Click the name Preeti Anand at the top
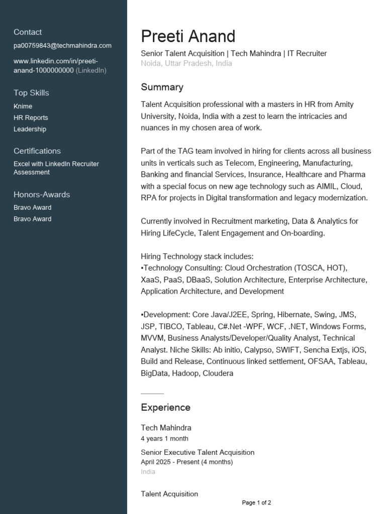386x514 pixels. pos(188,36)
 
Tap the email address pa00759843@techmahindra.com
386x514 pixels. pos(62,46)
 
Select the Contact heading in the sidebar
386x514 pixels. pos(28,32)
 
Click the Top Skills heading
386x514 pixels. pos(31,93)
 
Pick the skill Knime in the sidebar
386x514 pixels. pos(23,106)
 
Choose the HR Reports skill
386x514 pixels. pos(31,118)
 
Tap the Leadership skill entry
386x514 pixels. pos(30,130)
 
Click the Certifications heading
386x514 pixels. pos(37,151)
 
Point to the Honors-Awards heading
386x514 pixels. pos(42,195)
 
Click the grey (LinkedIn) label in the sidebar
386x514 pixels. pos(91,70)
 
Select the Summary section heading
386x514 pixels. pos(162,87)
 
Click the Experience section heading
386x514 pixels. pos(165,408)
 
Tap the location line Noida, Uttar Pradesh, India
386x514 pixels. pos(186,64)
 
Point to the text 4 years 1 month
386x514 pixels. pos(164,439)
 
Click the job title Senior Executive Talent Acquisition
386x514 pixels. pos(198,453)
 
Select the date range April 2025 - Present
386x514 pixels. pos(186,462)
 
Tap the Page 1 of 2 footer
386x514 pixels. pos(256,502)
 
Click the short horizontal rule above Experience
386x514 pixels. pos(152,394)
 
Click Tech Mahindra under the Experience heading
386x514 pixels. pos(166,428)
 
